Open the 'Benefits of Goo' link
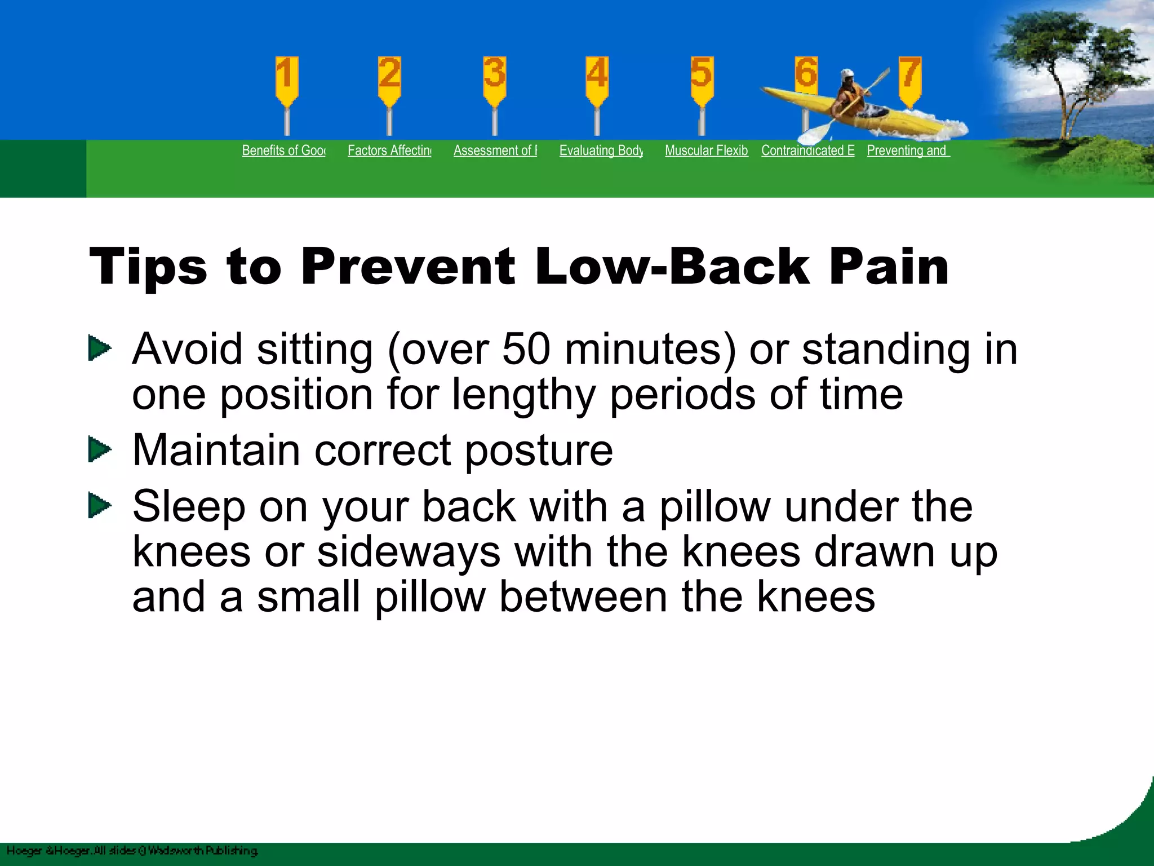point(283,151)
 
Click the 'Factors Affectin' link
point(389,151)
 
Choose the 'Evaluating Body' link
point(601,151)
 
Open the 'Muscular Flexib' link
point(707,151)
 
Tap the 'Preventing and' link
point(908,151)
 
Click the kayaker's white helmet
point(847,74)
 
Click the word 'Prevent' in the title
point(407,266)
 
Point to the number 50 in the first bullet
point(526,349)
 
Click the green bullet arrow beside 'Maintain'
point(100,450)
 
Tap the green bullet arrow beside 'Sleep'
point(100,506)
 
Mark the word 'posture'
point(539,451)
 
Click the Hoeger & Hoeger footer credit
point(132,850)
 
